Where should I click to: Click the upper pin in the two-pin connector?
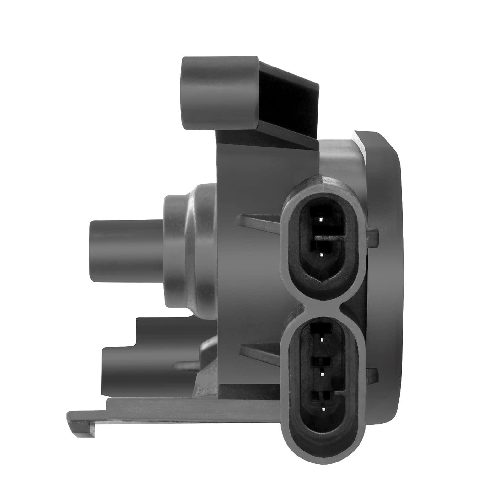pos(320,219)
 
